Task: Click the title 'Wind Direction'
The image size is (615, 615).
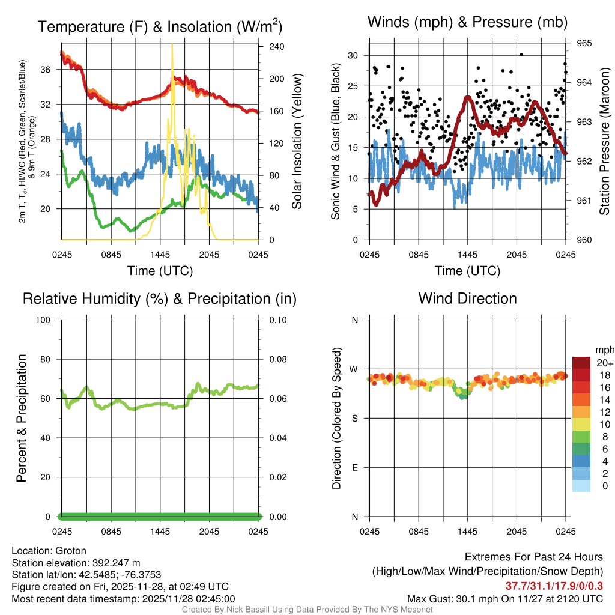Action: tap(467, 298)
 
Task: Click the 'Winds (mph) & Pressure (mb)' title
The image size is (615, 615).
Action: tap(467, 23)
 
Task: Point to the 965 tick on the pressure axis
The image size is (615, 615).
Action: tap(585, 43)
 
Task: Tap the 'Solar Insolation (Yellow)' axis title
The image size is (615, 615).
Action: tap(297, 142)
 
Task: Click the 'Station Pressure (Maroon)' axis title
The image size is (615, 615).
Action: tap(605, 142)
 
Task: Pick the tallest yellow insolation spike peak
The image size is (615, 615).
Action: tap(172, 45)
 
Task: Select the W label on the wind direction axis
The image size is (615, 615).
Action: tap(355, 369)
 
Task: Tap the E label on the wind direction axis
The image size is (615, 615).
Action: tap(355, 467)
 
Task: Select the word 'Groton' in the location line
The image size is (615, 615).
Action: tap(71, 551)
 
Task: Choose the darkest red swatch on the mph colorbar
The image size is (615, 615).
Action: tap(581, 363)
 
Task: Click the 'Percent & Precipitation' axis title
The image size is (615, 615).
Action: tap(21, 418)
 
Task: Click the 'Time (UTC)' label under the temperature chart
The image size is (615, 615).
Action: tap(160, 271)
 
